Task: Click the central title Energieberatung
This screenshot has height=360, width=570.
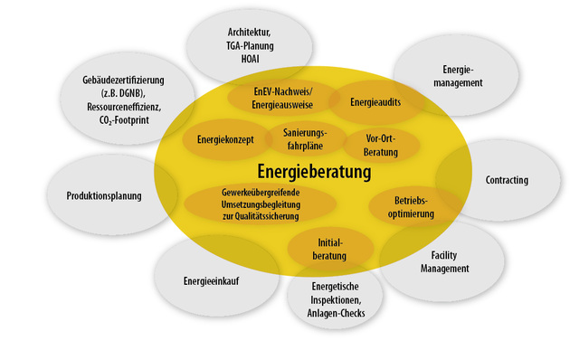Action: (314, 172)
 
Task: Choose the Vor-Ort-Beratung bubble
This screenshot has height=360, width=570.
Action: (381, 146)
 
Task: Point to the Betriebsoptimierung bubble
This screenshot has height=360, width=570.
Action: (414, 207)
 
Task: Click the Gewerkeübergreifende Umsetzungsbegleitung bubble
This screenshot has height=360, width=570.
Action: (261, 204)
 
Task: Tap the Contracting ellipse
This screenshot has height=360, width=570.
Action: (507, 180)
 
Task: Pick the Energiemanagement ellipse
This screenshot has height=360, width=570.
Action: (463, 76)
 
